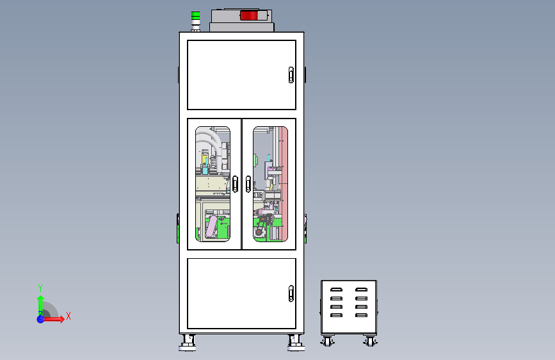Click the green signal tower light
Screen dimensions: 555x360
(x=195, y=16)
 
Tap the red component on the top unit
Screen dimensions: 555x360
(x=249, y=15)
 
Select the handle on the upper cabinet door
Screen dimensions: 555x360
(x=291, y=75)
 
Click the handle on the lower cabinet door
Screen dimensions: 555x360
(x=291, y=293)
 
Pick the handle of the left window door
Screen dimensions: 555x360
(x=235, y=184)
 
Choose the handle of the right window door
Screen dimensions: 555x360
(x=248, y=184)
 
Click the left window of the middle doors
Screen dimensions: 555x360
(x=213, y=184)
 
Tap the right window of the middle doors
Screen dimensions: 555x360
(x=270, y=184)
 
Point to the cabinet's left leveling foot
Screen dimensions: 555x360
(x=188, y=343)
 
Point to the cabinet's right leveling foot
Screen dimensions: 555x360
(x=296, y=343)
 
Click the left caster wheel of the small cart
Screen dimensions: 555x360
(x=327, y=341)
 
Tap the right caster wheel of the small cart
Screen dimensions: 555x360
(x=370, y=341)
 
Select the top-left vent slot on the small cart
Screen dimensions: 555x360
(x=336, y=290)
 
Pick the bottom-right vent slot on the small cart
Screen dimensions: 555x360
(x=362, y=315)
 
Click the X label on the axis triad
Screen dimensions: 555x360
(x=68, y=316)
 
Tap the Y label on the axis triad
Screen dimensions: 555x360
(x=40, y=288)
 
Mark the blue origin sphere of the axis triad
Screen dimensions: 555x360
(x=41, y=319)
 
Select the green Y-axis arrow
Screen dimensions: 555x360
(x=41, y=305)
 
